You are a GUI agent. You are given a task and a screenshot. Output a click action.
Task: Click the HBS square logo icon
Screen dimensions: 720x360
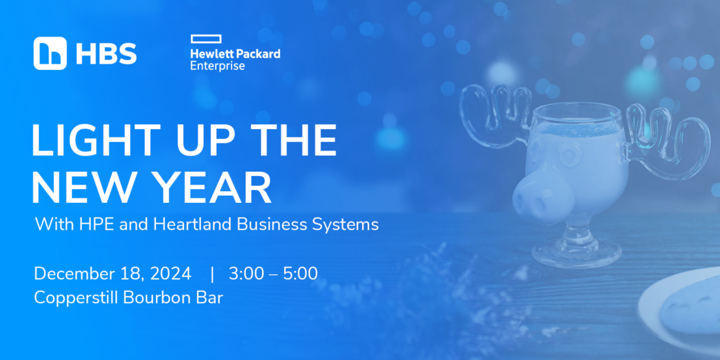[50, 53]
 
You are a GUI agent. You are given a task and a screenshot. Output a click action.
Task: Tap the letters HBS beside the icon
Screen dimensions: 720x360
[106, 54]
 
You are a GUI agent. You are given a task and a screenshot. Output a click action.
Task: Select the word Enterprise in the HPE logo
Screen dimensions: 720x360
[218, 65]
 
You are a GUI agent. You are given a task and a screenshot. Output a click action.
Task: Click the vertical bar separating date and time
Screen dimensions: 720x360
[211, 274]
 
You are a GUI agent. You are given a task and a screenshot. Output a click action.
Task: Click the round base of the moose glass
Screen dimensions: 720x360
[576, 253]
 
